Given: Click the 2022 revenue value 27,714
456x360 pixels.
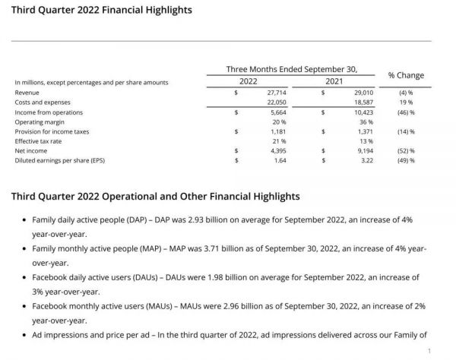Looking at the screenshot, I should (x=276, y=92).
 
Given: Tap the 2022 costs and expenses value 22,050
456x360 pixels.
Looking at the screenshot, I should (x=276, y=102).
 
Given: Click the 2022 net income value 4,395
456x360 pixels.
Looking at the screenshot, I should (x=277, y=150).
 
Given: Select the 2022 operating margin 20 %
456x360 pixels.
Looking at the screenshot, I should (x=279, y=122).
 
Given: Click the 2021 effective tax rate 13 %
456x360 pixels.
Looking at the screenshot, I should (x=365, y=141).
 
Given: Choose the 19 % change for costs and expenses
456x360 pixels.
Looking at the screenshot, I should (x=407, y=102).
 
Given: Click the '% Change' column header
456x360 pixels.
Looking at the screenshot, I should (x=406, y=75).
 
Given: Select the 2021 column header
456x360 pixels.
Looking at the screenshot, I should (x=335, y=81).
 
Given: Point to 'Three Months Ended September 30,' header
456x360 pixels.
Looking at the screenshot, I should (x=292, y=69).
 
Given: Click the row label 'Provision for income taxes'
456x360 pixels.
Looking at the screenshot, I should (x=52, y=131).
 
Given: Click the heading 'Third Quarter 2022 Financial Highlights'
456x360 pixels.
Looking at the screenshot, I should (x=101, y=11).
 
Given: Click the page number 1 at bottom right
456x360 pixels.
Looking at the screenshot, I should (x=429, y=351).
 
